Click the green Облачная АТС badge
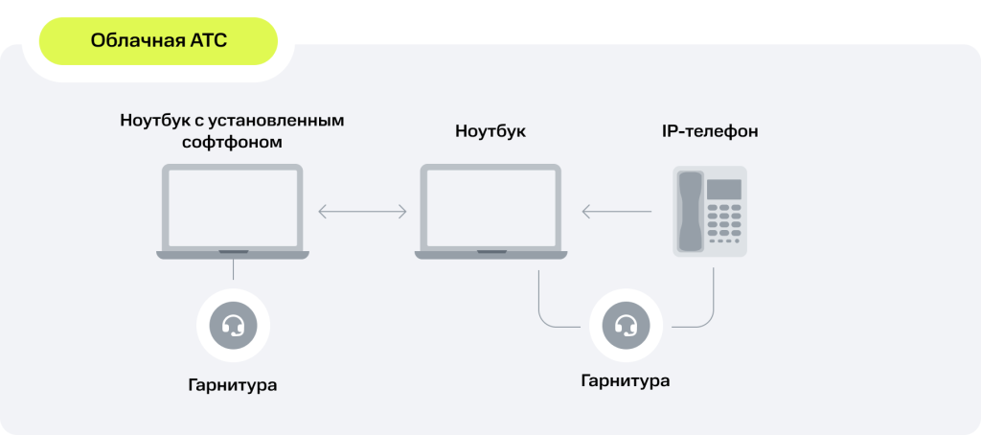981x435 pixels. (x=158, y=41)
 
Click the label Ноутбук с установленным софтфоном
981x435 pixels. (x=232, y=131)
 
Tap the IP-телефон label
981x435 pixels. (x=710, y=132)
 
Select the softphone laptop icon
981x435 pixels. (x=233, y=212)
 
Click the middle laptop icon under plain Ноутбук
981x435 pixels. (x=491, y=212)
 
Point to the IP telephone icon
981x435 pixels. (x=710, y=212)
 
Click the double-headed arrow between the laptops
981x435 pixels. (x=362, y=212)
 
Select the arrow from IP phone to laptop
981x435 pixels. (x=617, y=212)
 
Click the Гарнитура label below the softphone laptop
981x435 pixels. (x=233, y=383)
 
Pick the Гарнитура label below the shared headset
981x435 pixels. (x=626, y=380)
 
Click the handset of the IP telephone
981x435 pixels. (x=691, y=212)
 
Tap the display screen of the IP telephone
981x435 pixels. (x=724, y=189)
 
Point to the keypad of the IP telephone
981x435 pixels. (x=724, y=223)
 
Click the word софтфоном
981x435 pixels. (x=232, y=142)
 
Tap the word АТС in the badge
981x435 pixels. (x=208, y=41)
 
